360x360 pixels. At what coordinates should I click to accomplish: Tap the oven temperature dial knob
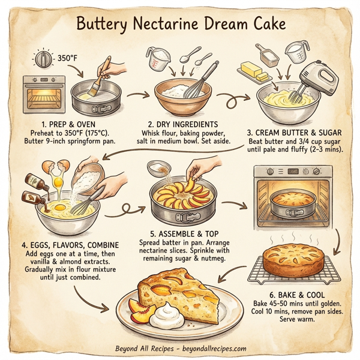click(x=44, y=59)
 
